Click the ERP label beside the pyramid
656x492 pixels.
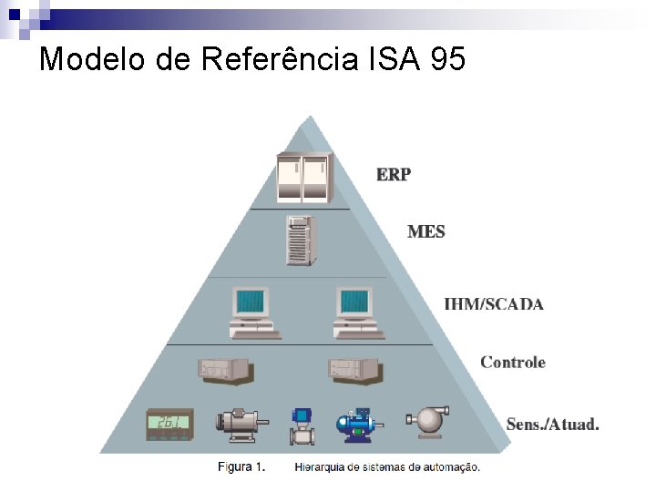[x=394, y=174]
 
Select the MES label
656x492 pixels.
[x=426, y=231]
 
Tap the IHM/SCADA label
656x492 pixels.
[x=493, y=303]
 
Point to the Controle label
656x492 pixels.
[x=513, y=362]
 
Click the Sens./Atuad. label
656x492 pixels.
[x=552, y=424]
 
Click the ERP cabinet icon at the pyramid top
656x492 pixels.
[x=303, y=178]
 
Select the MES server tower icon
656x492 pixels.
[x=301, y=240]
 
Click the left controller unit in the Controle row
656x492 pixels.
[x=224, y=369]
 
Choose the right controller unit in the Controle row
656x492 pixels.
[x=354, y=369]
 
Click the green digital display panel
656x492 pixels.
[x=170, y=424]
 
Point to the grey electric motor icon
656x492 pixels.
[x=240, y=422]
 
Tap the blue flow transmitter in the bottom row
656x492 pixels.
[x=302, y=425]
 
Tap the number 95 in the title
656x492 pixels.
[x=445, y=59]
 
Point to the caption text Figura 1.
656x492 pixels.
[x=241, y=467]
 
